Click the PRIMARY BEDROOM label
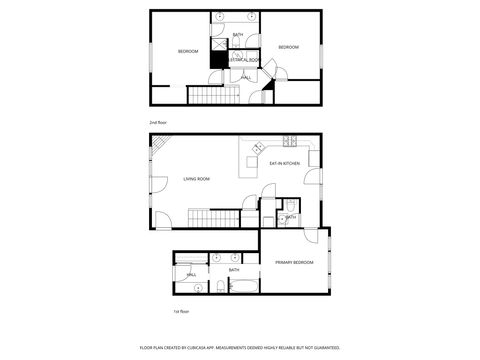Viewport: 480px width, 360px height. [x=294, y=262]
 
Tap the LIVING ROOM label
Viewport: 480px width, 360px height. [x=196, y=179]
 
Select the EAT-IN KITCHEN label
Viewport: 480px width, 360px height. [x=285, y=163]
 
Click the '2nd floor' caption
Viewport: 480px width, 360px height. [x=158, y=122]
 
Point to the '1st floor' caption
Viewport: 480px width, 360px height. [x=181, y=311]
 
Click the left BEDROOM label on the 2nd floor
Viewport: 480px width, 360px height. [x=189, y=51]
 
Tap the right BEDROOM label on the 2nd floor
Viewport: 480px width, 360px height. [x=288, y=47]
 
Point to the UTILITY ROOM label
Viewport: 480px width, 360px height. [x=245, y=61]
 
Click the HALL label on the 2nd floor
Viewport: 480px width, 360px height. [x=246, y=76]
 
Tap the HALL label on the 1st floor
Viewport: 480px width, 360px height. [x=190, y=273]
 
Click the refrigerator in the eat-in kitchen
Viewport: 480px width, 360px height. [x=313, y=158]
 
